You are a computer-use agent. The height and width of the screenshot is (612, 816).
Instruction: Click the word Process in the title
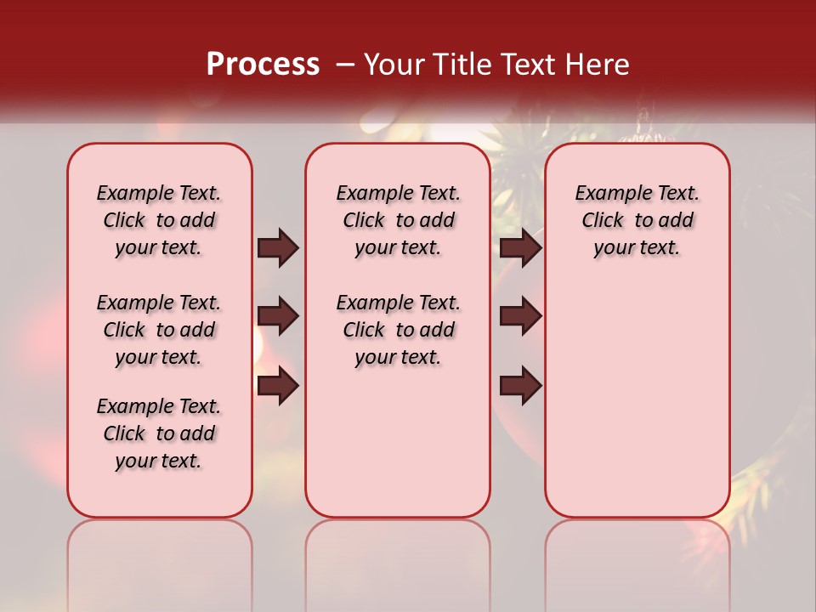(263, 65)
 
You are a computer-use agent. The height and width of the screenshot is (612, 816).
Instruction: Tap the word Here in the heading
(598, 65)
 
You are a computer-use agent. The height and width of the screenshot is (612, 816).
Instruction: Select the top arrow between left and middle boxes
(278, 247)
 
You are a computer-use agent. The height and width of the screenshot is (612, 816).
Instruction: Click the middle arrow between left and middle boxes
(278, 317)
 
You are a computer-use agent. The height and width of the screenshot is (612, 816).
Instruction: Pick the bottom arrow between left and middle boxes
(278, 387)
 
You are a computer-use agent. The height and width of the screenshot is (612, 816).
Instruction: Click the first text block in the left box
(159, 220)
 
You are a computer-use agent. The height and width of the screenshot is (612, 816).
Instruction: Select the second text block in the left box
(159, 330)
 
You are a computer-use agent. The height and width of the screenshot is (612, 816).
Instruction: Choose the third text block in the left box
(159, 433)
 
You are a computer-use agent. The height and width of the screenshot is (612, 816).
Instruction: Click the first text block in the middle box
(398, 220)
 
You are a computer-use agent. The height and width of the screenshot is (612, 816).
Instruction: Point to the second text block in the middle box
(398, 330)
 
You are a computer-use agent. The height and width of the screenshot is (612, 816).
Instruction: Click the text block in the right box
(637, 220)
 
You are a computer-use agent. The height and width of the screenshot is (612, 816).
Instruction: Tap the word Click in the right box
(603, 221)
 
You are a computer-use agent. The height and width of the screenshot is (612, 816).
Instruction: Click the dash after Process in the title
(346, 65)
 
